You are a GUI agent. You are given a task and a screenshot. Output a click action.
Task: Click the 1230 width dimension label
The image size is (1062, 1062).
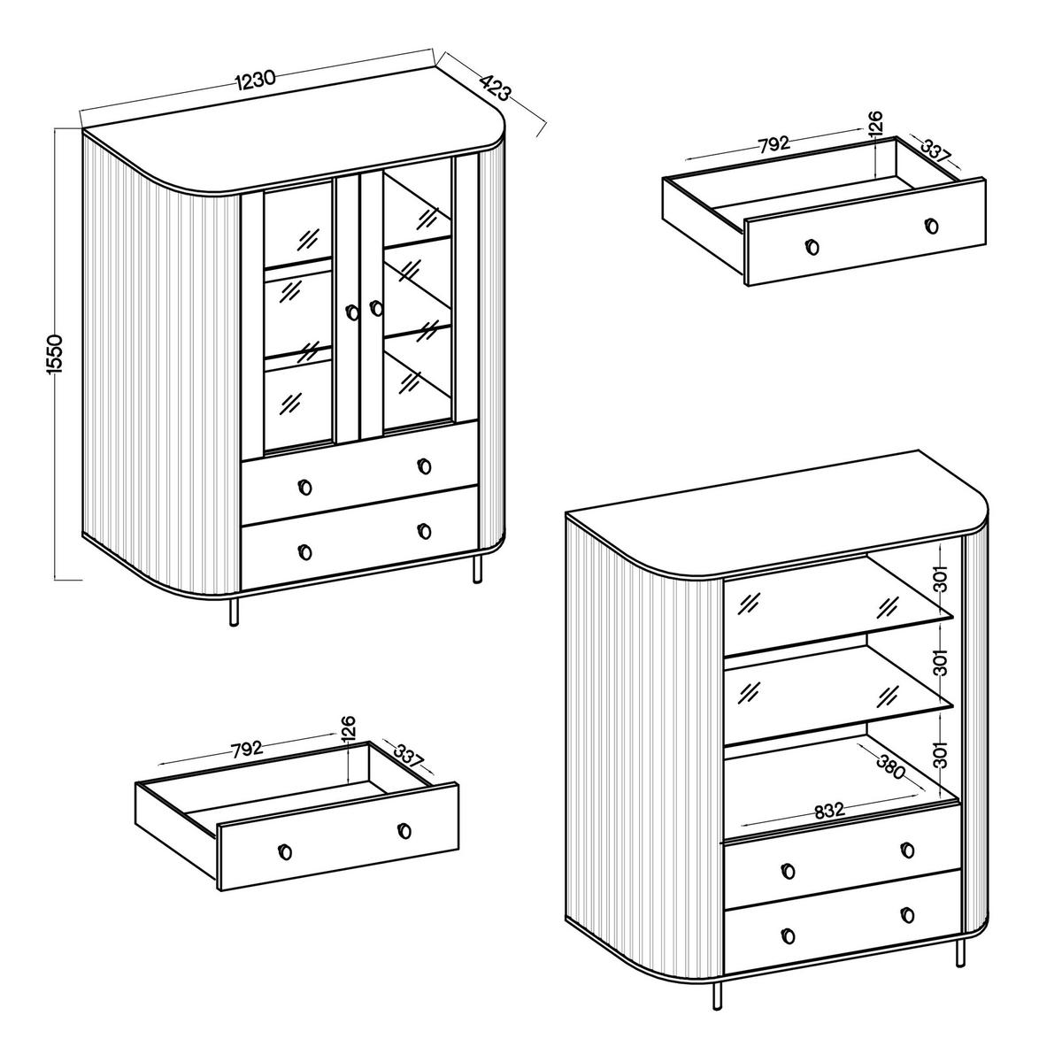256,78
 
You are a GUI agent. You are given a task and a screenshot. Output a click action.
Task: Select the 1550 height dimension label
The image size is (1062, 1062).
55,354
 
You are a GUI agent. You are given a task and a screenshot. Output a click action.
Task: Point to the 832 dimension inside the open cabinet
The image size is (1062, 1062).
827,810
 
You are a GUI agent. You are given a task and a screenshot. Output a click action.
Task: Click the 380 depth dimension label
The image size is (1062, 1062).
889,766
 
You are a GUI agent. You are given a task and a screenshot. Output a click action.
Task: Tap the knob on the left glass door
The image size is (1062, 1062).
353,312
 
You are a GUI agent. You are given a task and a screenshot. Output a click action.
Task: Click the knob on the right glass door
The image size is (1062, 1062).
376,308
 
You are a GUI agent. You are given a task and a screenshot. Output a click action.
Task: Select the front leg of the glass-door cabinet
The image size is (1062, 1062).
235,611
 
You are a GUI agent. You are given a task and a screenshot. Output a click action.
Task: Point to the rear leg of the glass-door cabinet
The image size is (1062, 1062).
478,569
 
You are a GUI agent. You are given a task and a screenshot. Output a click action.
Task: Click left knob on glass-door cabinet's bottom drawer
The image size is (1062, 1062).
305,552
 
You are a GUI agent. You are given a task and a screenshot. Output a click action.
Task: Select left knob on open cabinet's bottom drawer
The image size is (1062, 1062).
789,935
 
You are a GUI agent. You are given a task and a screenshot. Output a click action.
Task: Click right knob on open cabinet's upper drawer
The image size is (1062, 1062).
907,850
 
